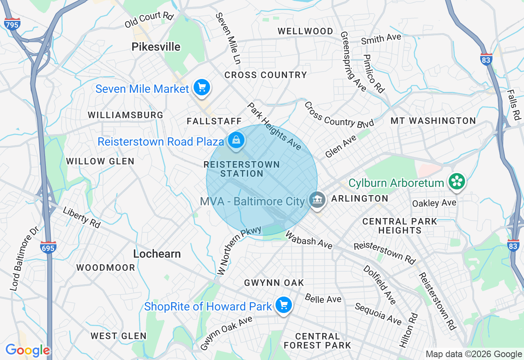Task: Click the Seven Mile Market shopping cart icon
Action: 201,88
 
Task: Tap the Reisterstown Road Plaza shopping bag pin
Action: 236,141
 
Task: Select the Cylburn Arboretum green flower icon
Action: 456,182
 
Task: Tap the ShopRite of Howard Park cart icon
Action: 283,305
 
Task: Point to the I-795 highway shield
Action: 12,24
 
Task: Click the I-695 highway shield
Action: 48,248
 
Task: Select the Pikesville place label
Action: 156,47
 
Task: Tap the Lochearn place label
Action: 157,254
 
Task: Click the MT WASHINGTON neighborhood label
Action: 433,121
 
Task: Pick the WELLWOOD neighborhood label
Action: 305,32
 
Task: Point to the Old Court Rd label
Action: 149,20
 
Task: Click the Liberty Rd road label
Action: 81,218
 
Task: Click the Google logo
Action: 27,350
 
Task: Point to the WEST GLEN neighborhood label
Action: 118,336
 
